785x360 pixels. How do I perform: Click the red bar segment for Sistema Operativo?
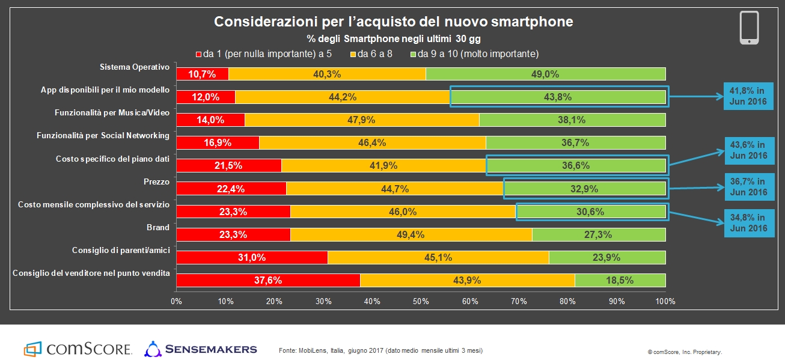[x=202, y=74]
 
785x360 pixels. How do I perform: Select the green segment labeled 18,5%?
[x=620, y=280]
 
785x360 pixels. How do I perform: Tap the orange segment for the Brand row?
[x=411, y=234]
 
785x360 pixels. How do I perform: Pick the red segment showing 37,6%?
[x=267, y=280]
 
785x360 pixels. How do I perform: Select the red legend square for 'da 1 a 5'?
[x=198, y=54]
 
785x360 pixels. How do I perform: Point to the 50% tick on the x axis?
[x=421, y=301]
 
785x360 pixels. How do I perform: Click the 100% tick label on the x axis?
[x=665, y=301]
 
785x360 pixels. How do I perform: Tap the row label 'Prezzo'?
[x=157, y=181]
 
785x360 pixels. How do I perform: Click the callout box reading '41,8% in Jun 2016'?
[x=748, y=96]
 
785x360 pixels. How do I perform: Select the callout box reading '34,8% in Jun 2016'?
[x=748, y=222]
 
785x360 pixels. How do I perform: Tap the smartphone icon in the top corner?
[x=749, y=28]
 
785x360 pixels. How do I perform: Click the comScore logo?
[x=78, y=349]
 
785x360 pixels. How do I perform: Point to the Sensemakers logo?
[x=201, y=349]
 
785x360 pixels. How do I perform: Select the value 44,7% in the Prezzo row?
[x=395, y=189]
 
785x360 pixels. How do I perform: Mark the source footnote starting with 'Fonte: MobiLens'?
[x=381, y=350]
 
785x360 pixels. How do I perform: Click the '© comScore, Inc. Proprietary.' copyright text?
[x=685, y=352]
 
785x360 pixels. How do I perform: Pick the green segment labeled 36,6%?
[x=576, y=165]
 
